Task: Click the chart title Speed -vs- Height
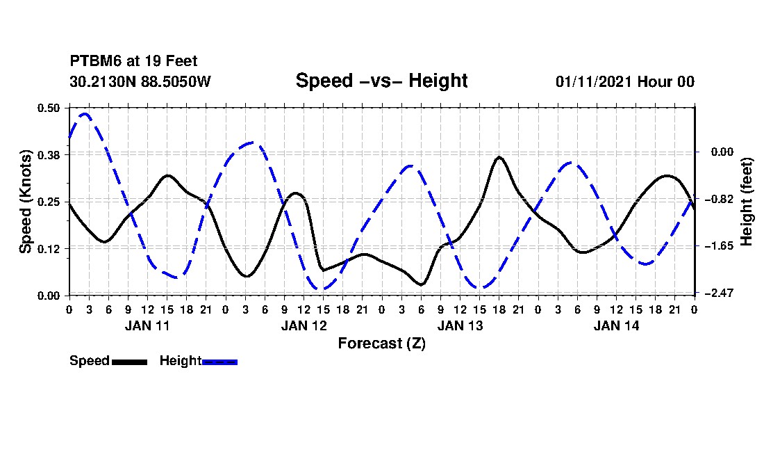pyautogui.click(x=381, y=81)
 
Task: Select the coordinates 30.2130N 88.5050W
pyautogui.click(x=140, y=81)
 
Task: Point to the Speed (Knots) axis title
pyautogui.click(x=26, y=201)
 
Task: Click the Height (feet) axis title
pyautogui.click(x=747, y=201)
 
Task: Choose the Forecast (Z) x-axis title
pyautogui.click(x=381, y=343)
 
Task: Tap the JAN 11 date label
pyautogui.click(x=147, y=325)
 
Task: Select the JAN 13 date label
pyautogui.click(x=460, y=325)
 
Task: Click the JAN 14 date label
pyautogui.click(x=616, y=325)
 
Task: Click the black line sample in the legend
pyautogui.click(x=129, y=362)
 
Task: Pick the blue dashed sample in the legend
pyautogui.click(x=219, y=362)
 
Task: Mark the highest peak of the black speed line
pyautogui.click(x=499, y=157)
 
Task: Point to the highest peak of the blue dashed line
pyautogui.click(x=85, y=113)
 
